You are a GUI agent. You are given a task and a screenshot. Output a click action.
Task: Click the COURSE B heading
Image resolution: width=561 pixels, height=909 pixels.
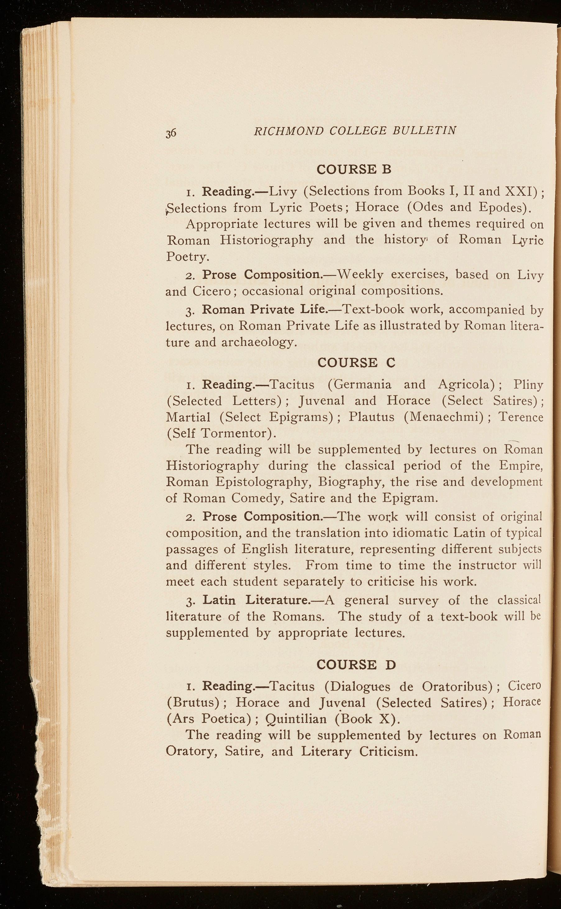click(354, 169)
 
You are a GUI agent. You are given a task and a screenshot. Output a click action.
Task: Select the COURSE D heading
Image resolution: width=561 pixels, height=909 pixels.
click(356, 664)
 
